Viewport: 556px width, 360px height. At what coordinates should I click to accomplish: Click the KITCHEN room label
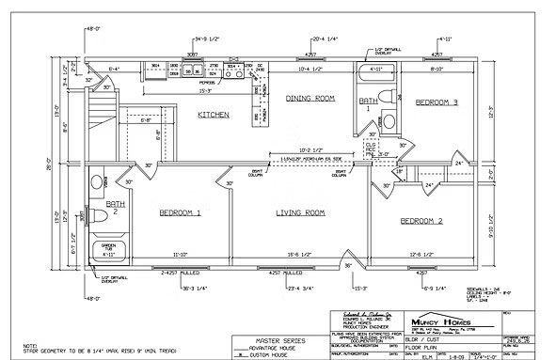[214, 115]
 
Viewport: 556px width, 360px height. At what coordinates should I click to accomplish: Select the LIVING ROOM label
[300, 213]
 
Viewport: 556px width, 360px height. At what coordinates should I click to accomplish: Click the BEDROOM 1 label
[179, 213]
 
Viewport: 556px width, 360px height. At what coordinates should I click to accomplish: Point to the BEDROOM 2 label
[422, 221]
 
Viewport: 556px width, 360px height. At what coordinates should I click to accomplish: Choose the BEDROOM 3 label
[437, 101]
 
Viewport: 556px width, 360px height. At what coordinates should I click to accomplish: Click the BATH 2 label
[115, 206]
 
